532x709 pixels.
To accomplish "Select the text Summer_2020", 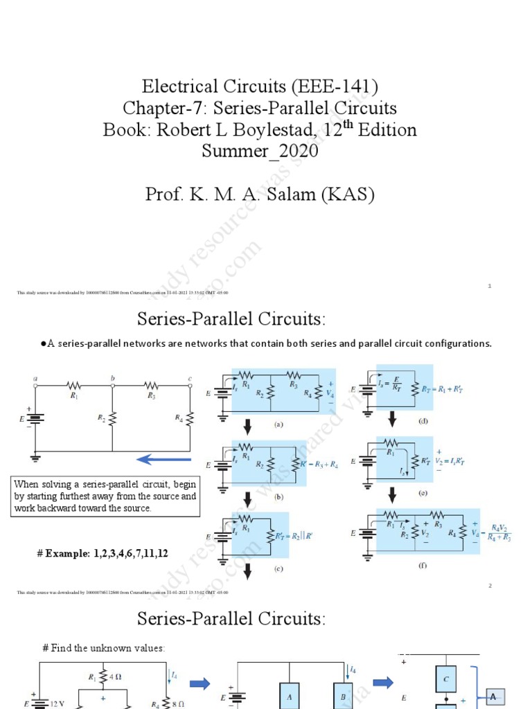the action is point(260,151).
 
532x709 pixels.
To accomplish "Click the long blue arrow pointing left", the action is point(163,459).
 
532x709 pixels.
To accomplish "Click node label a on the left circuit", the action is point(35,378).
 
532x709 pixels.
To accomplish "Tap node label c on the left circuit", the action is point(190,378).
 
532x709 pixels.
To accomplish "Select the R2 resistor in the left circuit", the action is point(112,418).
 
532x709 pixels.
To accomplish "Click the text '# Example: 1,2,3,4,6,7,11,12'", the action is point(103,553).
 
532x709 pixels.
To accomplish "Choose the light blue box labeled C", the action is point(445,679).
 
